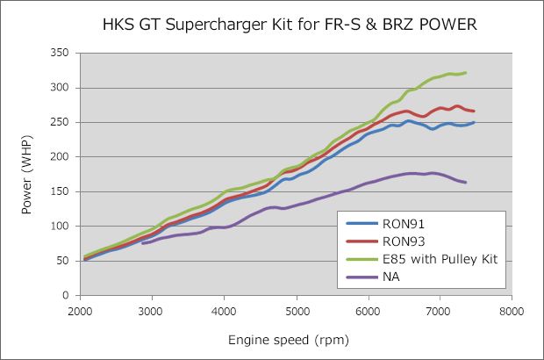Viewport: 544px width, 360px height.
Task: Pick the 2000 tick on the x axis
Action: [x=80, y=310]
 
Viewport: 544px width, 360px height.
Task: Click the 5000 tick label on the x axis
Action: [x=296, y=310]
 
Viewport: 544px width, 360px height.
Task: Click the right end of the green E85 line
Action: [x=465, y=73]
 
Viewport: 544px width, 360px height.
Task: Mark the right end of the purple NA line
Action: [x=465, y=182]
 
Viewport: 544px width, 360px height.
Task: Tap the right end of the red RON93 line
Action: [x=474, y=111]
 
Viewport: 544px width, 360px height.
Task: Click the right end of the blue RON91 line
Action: [x=474, y=122]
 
